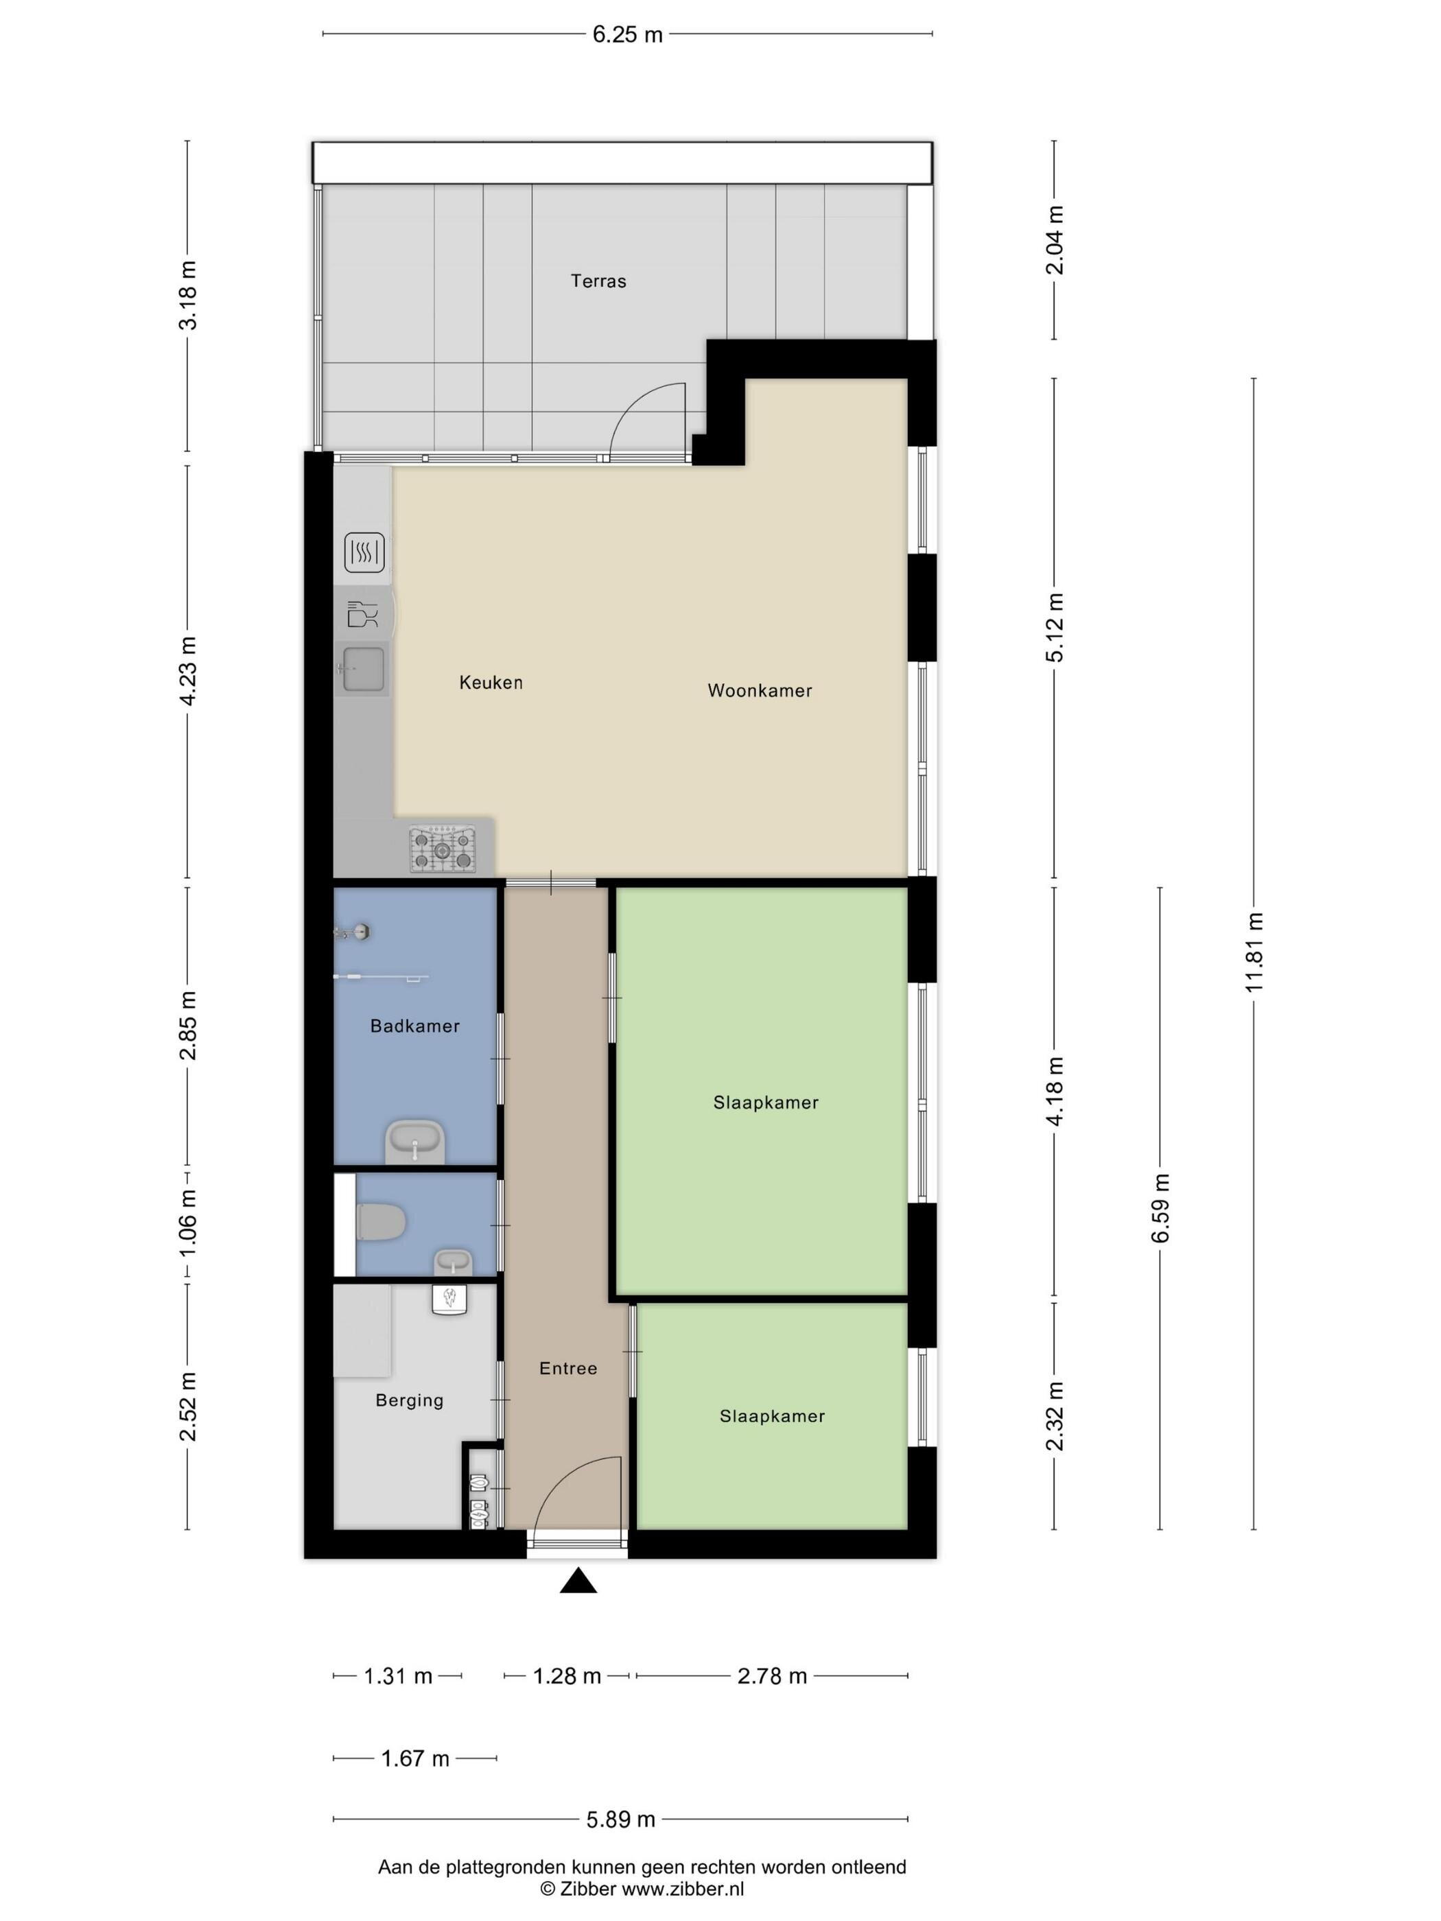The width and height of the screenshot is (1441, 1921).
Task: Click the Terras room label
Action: coord(598,281)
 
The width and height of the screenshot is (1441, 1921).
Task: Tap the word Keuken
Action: coord(491,682)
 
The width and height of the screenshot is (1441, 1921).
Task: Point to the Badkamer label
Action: coord(414,1026)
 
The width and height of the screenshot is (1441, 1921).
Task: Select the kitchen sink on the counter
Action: coord(363,670)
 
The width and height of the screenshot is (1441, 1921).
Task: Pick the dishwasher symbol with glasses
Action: coord(363,614)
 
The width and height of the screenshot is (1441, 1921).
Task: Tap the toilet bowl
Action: coord(379,1222)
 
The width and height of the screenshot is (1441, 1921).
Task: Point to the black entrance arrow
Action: coord(578,1581)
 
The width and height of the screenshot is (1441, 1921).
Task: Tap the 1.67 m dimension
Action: coord(415,1758)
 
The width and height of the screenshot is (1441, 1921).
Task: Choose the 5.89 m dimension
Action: coord(620,1819)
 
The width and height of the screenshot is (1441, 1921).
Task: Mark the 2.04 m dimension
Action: coord(1055,239)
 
